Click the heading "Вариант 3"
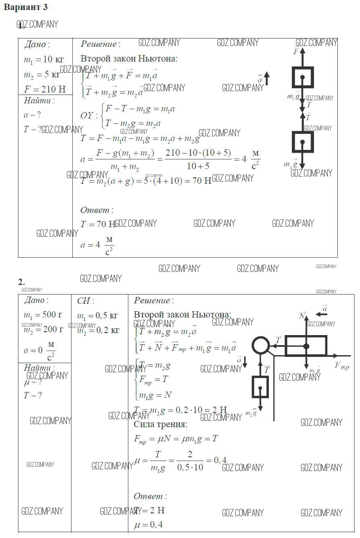[26, 7]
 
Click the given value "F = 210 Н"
[45, 89]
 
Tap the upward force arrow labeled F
[303, 56]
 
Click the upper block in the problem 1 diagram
[303, 77]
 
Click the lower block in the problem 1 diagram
[302, 142]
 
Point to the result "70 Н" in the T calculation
[201, 181]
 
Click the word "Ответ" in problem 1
[95, 210]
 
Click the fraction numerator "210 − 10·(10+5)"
[198, 153]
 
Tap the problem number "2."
[21, 282]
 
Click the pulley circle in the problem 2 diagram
[260, 346]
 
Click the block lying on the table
[306, 346]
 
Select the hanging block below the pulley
[260, 387]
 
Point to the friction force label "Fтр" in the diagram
[342, 366]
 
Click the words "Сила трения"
[160, 424]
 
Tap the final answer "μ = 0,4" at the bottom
[148, 525]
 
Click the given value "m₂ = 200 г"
[43, 329]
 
